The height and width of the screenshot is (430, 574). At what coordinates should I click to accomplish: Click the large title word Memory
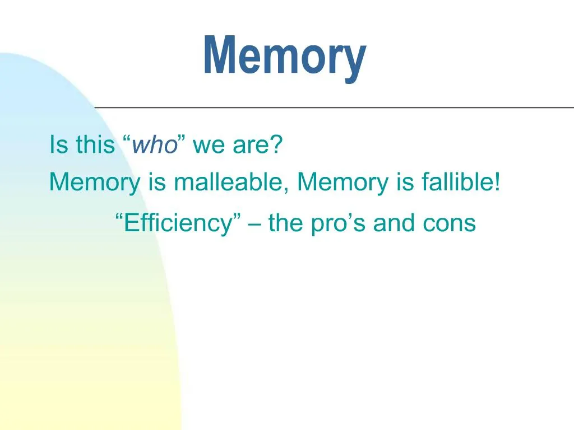click(x=285, y=57)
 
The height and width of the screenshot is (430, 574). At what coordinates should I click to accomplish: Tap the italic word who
click(x=155, y=144)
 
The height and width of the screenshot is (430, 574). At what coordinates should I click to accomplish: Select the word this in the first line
click(x=95, y=144)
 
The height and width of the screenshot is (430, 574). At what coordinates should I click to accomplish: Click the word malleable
click(x=228, y=182)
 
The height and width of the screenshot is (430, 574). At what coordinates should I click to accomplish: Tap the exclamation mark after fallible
click(x=497, y=182)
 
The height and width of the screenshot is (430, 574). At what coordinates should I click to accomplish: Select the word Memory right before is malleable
click(x=95, y=183)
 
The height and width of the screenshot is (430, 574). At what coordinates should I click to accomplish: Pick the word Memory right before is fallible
click(x=342, y=183)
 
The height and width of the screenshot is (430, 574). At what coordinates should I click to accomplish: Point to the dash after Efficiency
click(x=254, y=224)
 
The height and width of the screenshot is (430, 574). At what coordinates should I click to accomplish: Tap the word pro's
click(x=336, y=224)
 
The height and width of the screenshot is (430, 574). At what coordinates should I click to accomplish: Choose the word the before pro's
click(x=286, y=223)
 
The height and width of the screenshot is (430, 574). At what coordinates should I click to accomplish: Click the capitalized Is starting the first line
click(x=59, y=144)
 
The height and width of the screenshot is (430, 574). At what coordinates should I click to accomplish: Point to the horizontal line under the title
click(x=334, y=107)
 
